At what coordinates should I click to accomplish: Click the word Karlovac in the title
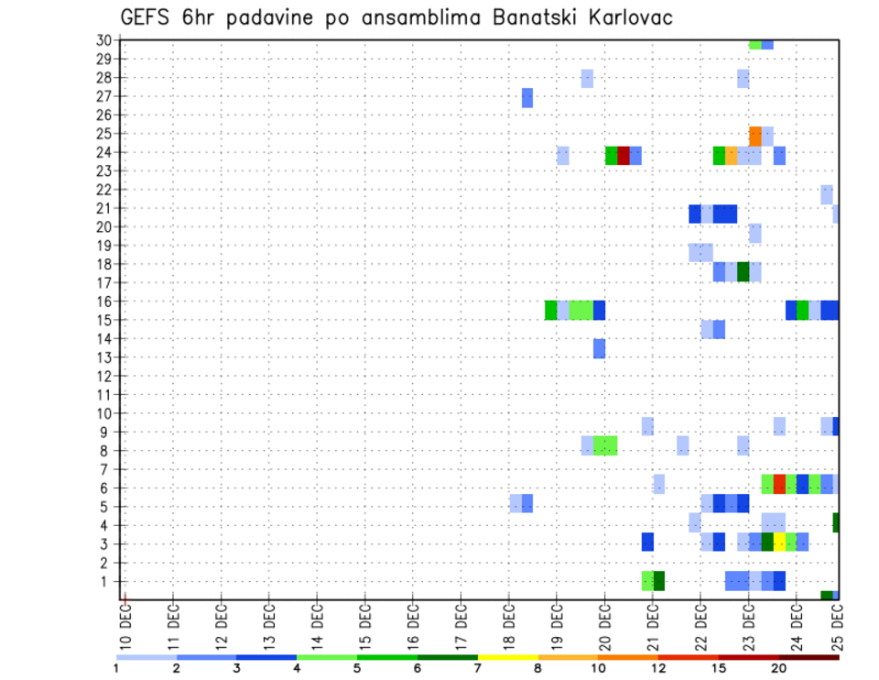[627, 17]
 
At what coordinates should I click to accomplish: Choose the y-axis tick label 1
[107, 581]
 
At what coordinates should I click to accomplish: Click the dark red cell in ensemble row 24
[624, 156]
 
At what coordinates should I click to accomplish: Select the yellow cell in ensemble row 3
[779, 542]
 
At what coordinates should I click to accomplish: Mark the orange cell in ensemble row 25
[755, 136]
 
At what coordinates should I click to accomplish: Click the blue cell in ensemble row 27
[527, 97]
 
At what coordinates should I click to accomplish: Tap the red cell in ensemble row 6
[779, 484]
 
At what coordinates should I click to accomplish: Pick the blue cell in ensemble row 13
[599, 348]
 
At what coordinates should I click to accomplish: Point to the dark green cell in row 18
[743, 272]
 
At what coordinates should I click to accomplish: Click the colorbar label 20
[779, 667]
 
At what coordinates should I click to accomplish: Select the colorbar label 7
[478, 667]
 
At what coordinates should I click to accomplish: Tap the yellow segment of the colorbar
[507, 657]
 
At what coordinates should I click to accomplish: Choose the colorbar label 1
[116, 667]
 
